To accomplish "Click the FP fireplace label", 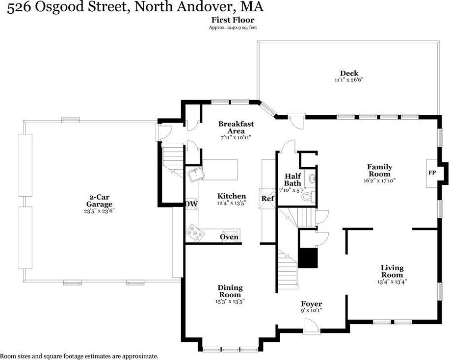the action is tap(432, 173).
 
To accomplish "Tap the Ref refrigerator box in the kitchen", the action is tap(268, 198).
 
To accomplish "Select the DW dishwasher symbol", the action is tap(191, 204).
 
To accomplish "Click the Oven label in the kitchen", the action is tap(229, 237).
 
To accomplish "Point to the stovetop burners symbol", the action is tap(195, 232).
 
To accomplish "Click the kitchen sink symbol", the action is tap(196, 174).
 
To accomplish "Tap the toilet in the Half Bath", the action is tap(309, 197).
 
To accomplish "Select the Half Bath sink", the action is tap(312, 179).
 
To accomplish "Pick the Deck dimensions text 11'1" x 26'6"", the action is tap(349, 80).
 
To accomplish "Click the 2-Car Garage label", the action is tap(99, 200).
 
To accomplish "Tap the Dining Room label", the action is tap(230, 291).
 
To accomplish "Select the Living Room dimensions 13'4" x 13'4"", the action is tap(392, 282).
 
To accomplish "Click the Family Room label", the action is tap(380, 170).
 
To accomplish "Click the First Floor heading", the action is tap(233, 20).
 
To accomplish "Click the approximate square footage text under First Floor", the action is tap(233, 28).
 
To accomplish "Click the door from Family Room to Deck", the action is tap(297, 121).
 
